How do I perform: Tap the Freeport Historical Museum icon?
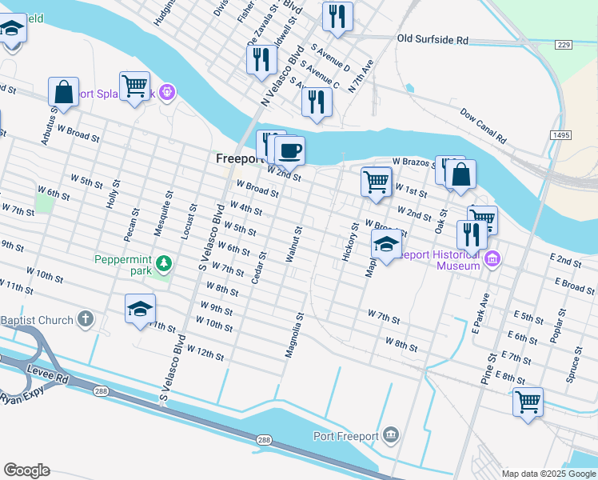pos(492,259)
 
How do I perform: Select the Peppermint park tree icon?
pos(164,262)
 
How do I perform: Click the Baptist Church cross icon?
pos(86,320)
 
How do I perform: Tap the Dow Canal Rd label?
pos(484,126)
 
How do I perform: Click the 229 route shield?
pos(564,46)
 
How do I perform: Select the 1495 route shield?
pos(560,136)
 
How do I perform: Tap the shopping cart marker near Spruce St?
pos(528,402)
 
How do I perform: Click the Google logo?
pos(26,470)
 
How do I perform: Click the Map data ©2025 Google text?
pos(548,474)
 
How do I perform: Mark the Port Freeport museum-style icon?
pos(391,435)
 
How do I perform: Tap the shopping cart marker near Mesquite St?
pos(134,86)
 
